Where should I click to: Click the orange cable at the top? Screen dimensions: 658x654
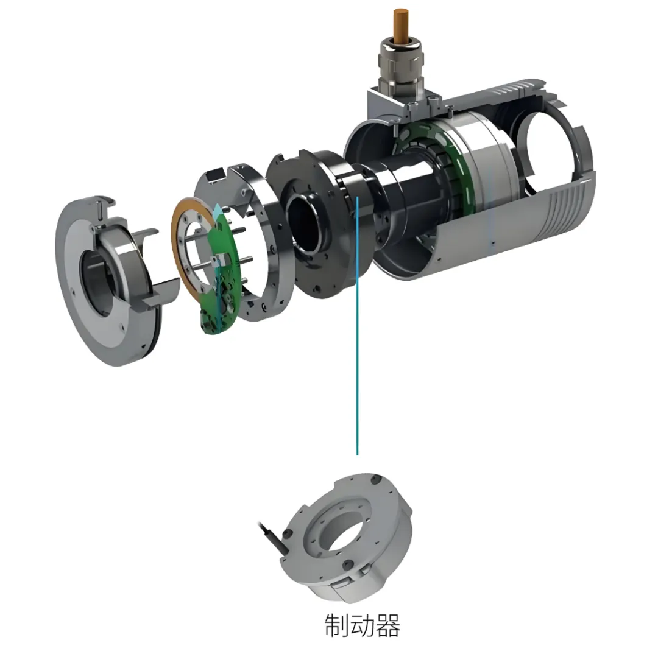tap(400, 24)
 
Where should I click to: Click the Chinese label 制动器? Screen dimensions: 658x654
tap(362, 625)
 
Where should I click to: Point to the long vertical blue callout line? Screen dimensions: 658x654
tap(357, 326)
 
